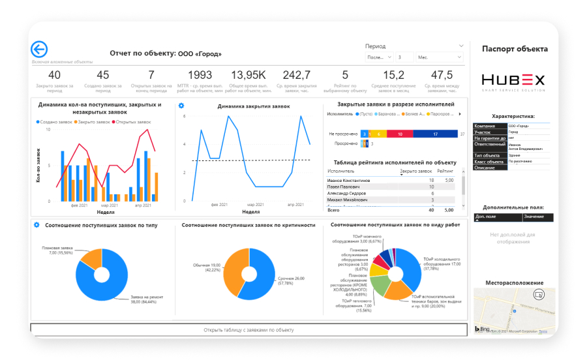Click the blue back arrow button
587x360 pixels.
pos(39,50)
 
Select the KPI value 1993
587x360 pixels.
pos(200,75)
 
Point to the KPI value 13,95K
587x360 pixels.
pos(248,75)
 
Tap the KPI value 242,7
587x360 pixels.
pos(297,75)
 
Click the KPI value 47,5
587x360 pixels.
pos(442,75)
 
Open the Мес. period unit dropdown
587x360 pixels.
pos(438,57)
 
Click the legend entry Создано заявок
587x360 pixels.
pos(55,122)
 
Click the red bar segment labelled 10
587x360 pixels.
pos(399,134)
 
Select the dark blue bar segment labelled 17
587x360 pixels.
pos(434,134)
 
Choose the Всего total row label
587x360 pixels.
pos(333,210)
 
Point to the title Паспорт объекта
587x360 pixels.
pos(515,49)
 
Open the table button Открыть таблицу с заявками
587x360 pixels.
pos(249,330)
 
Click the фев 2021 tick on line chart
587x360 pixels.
pos(218,205)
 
